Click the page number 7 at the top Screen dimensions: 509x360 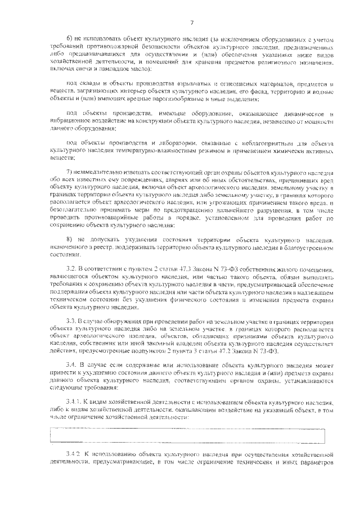coord(192,22)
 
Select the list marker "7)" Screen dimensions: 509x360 coord(70,171)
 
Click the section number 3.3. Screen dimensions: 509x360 coord(71,320)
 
